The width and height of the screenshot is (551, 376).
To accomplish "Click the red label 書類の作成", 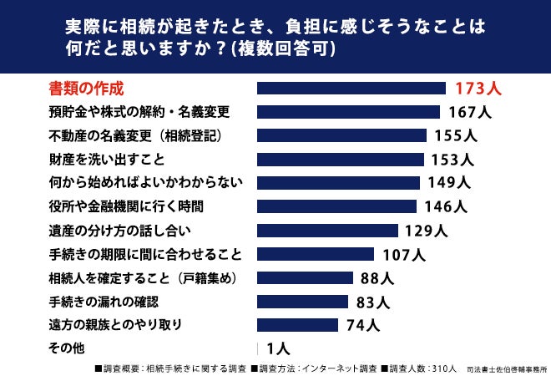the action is click(86, 89).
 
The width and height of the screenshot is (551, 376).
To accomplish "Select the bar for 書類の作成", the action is click(351, 89).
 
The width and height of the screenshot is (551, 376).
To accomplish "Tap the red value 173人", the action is click(478, 89).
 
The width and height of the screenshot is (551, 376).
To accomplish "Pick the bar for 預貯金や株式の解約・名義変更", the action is click(349, 112).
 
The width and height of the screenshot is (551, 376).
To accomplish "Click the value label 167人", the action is click(470, 112).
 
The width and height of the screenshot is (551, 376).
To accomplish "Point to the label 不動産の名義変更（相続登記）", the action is click(135, 135).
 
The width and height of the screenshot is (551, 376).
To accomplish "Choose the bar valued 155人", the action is click(342, 135).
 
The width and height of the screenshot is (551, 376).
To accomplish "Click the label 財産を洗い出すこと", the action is click(107, 160).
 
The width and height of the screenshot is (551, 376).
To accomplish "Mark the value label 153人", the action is click(452, 160).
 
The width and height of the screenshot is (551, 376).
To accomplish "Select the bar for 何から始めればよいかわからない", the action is click(338, 183).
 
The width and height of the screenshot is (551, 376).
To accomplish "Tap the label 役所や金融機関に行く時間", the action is click(126, 206).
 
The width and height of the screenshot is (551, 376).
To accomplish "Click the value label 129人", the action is click(427, 231).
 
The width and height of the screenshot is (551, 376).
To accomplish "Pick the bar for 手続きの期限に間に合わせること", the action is click(316, 254).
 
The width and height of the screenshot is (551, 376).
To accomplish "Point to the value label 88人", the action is click(377, 278).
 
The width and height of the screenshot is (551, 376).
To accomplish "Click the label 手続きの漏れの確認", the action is click(104, 302).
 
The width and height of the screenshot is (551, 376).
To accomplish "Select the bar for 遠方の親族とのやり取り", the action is click(298, 325).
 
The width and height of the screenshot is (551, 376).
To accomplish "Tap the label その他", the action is click(67, 348).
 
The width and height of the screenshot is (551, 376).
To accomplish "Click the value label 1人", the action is click(278, 348).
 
